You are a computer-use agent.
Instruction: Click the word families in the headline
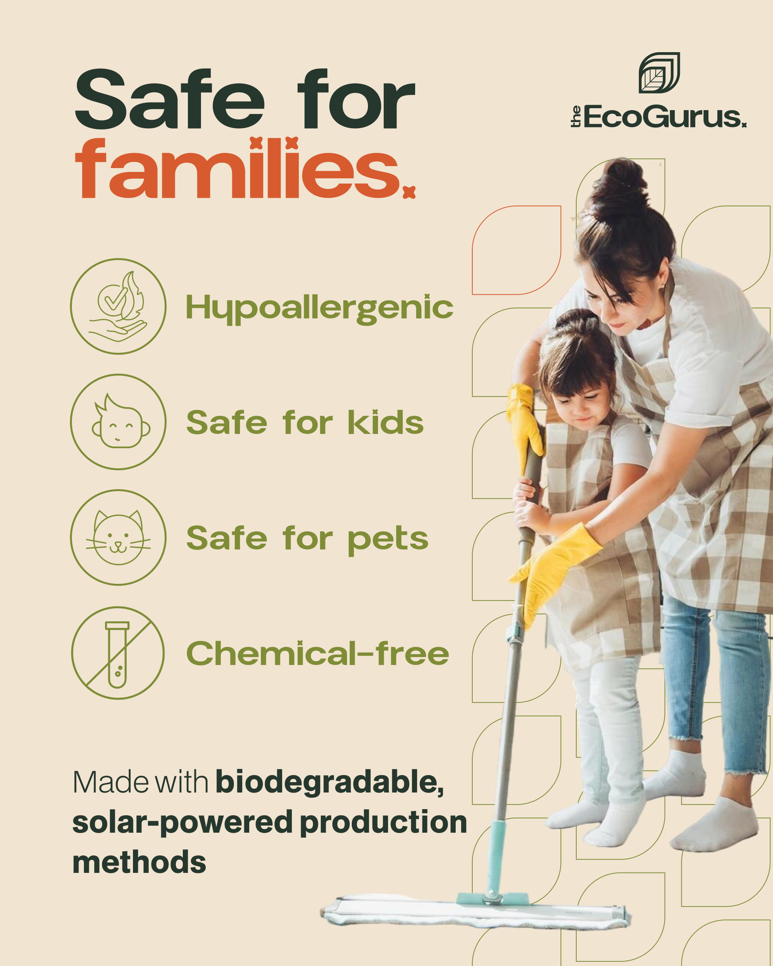(x=237, y=169)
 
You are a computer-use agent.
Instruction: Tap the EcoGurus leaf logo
(x=659, y=73)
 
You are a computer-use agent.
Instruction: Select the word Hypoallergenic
(x=319, y=308)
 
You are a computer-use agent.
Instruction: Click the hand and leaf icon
(x=118, y=306)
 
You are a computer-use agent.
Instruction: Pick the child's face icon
(x=118, y=422)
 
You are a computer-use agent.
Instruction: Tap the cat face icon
(x=118, y=537)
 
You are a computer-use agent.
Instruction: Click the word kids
(x=385, y=422)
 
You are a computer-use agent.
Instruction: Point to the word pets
(x=388, y=539)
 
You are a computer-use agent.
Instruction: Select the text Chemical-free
(x=317, y=653)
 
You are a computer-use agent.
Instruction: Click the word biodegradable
(x=329, y=782)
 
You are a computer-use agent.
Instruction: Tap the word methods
(x=139, y=862)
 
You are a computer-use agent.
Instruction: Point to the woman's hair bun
(x=625, y=182)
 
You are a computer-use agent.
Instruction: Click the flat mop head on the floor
(x=475, y=912)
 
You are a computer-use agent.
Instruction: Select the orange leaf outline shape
(x=516, y=250)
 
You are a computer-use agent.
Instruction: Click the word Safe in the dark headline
(x=170, y=99)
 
